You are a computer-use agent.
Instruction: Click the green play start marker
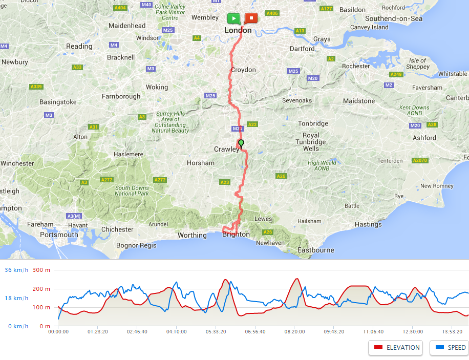233,18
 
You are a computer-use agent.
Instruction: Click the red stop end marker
251,18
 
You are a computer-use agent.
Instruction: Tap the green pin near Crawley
241,143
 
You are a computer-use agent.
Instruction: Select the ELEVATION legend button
395,347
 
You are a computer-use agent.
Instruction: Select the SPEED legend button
449,347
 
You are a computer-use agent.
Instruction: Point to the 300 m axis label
41,270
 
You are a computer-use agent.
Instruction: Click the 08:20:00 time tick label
294,332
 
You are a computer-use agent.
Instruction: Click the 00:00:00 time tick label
58,332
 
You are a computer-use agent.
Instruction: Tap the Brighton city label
236,235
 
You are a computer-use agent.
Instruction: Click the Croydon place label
243,70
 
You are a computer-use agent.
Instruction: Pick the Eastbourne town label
316,250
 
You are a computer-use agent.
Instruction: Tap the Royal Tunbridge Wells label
311,142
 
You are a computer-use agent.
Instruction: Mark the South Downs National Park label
132,190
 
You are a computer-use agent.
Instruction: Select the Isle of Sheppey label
417,63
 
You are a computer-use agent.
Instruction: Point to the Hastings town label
368,224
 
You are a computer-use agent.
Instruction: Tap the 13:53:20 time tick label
452,332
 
